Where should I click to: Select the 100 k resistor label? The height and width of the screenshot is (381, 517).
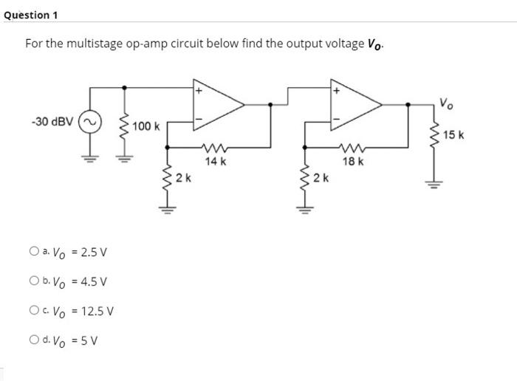pos(147,126)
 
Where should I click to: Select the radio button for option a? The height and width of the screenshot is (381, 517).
pos(35,252)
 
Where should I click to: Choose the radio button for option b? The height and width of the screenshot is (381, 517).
pos(35,281)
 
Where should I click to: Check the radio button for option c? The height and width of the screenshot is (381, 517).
pos(35,311)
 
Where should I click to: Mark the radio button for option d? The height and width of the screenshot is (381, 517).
pos(35,340)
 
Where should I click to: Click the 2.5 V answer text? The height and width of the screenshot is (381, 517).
pos(93,252)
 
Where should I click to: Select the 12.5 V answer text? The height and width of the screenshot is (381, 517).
pos(96,311)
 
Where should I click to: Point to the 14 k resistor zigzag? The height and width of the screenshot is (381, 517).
pos(216,148)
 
